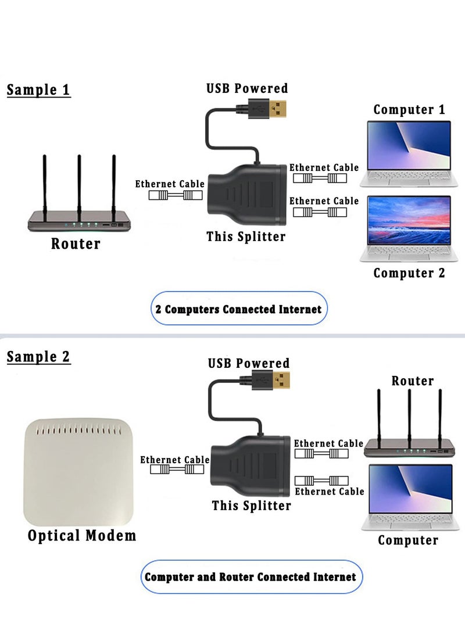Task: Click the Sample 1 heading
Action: point(38,90)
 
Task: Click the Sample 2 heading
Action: point(38,356)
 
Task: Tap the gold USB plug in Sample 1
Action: point(280,109)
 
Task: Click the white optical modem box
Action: point(79,473)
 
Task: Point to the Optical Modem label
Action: point(82,535)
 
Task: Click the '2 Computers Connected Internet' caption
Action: point(238,309)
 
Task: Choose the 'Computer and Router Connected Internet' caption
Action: point(250,577)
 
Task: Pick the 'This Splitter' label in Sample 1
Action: point(246,237)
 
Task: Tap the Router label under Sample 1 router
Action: point(76,243)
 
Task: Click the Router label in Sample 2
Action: point(413,381)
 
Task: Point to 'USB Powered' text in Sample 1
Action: point(247,88)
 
